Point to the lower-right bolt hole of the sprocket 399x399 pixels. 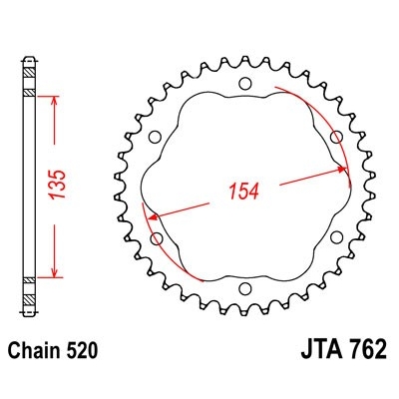335,236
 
